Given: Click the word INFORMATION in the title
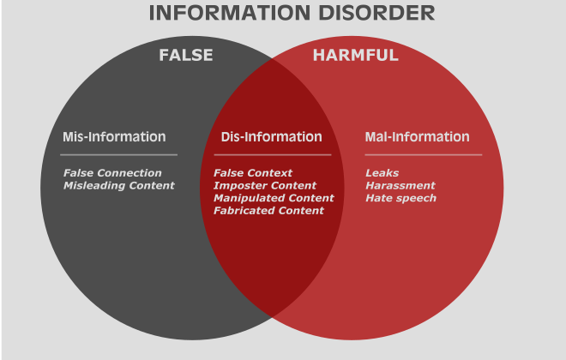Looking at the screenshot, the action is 230,13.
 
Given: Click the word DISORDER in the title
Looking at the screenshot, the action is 376,13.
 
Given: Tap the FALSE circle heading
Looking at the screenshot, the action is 186,55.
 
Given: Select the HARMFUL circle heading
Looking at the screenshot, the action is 356,55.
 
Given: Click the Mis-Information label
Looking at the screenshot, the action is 114,136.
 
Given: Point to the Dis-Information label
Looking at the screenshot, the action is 272,136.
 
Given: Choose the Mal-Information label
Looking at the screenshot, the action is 418,136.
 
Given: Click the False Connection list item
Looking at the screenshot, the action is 112,173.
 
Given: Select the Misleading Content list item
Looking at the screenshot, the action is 119,185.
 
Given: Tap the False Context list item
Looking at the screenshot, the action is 253,173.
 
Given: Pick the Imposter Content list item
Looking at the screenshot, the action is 265,185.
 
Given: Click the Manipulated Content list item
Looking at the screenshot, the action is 274,198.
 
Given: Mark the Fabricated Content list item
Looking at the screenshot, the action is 269,210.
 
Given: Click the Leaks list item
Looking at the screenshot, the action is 382,173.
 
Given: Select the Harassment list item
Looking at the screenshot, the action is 400,185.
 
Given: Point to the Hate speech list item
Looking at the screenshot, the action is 401,198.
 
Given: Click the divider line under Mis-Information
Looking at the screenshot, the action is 118,155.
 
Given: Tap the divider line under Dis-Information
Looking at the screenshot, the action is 273,155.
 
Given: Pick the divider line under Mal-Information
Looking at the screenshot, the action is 424,155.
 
